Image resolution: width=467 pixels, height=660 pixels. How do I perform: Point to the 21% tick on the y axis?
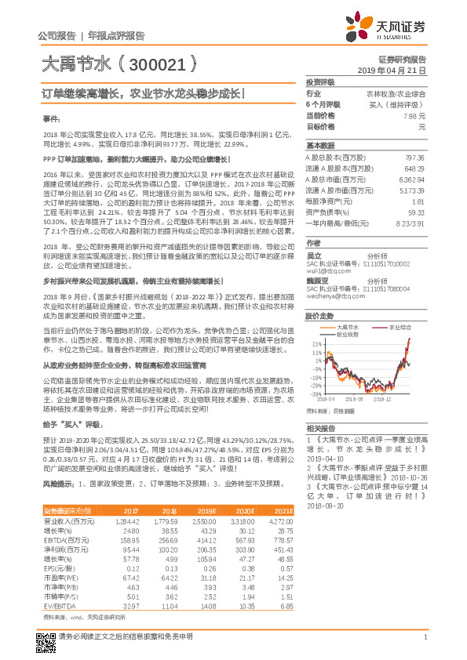tap(316, 343)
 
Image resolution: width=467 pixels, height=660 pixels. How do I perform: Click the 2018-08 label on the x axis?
tap(368, 399)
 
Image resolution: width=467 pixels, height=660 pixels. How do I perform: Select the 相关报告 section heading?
tap(320, 428)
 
